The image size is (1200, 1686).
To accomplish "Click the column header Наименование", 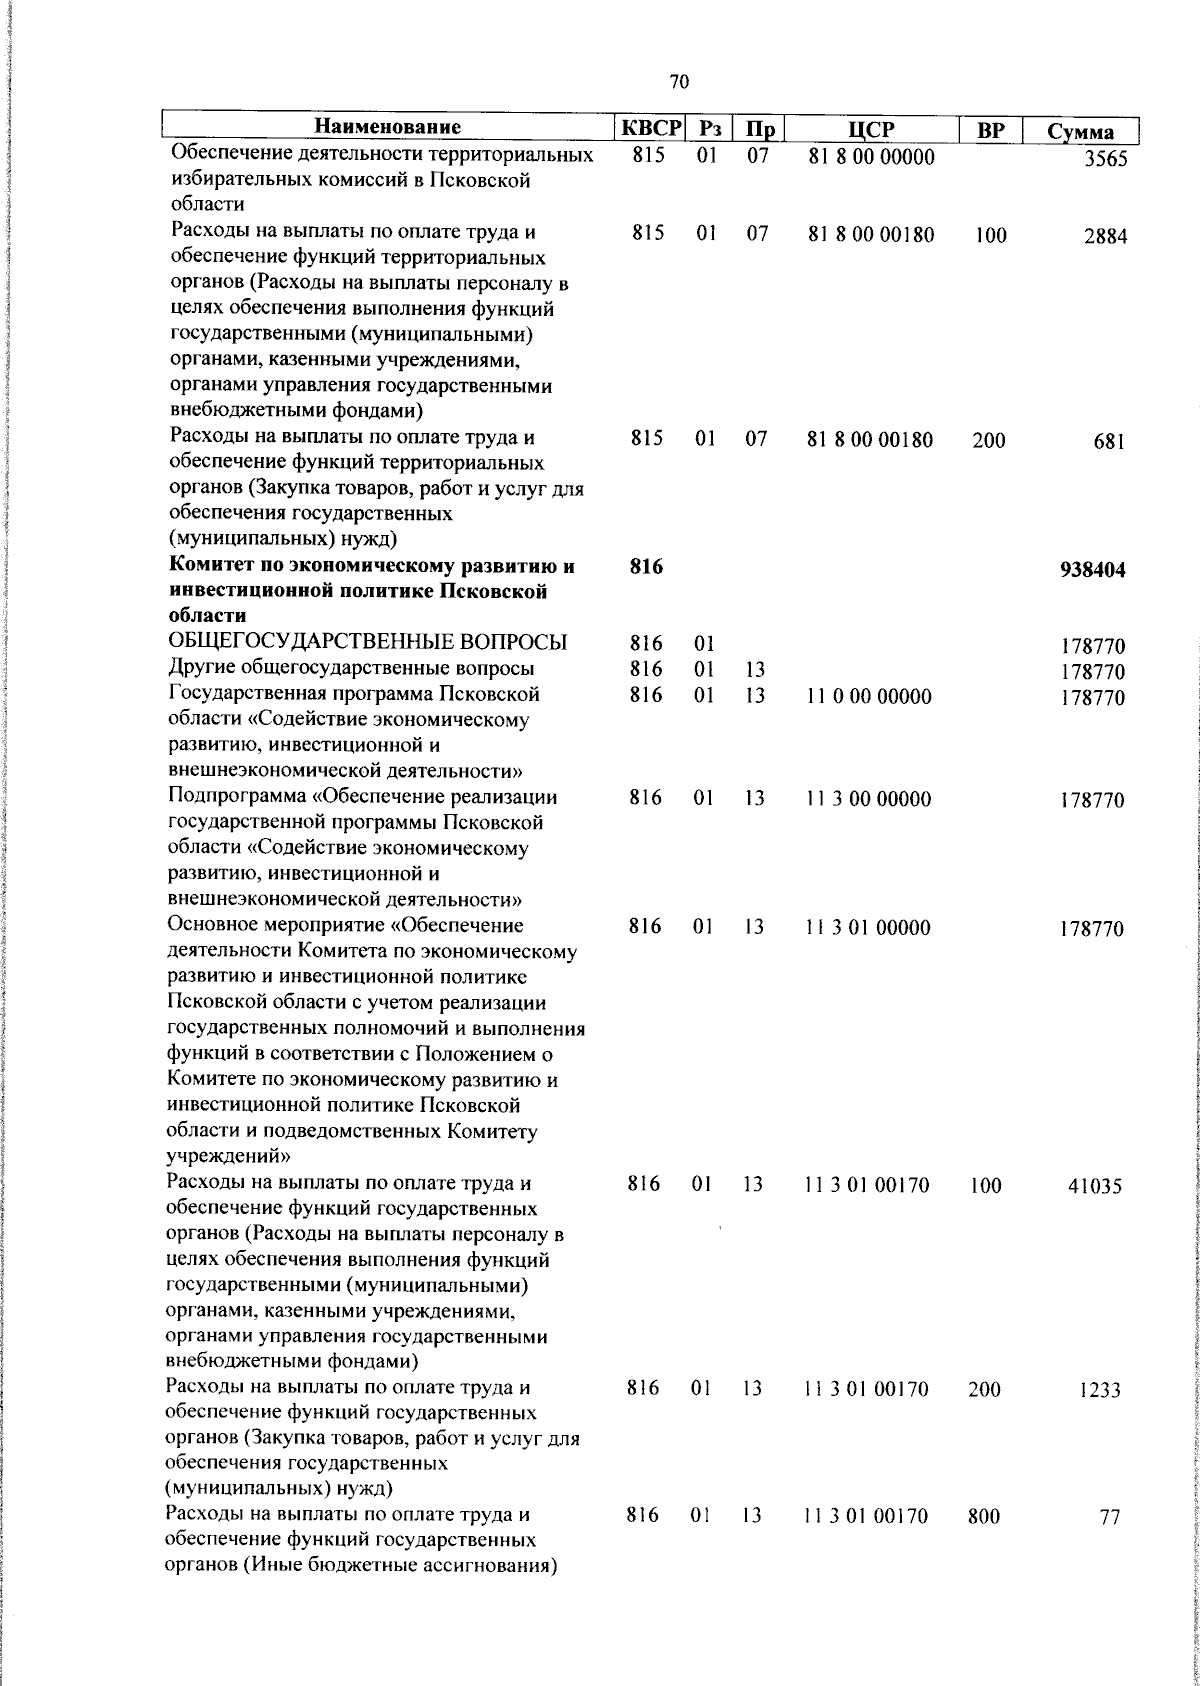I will coord(388,129).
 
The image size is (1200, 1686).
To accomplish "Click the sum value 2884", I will coord(1103,237).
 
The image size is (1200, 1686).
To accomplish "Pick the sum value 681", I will coord(1109,441).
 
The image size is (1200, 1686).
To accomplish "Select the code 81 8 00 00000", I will coord(870,157).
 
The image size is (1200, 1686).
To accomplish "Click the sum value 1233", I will coord(1100,1391).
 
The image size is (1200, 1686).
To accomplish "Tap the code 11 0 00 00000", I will coord(868,697).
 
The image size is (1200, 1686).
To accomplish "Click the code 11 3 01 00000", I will coord(868,928).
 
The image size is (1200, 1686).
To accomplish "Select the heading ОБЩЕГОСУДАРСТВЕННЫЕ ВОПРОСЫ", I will coord(368,642).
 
